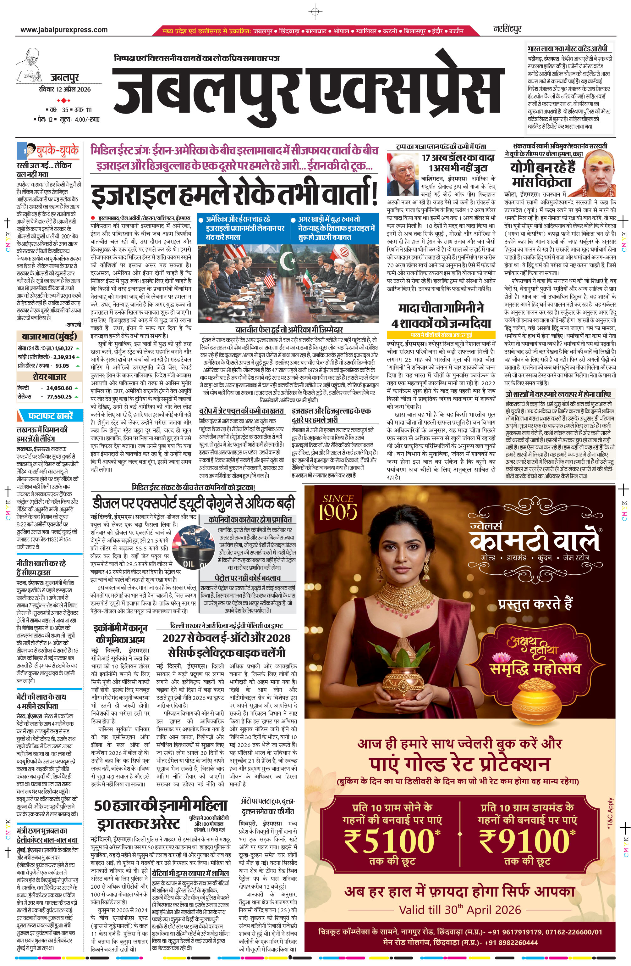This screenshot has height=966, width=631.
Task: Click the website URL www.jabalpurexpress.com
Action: tap(64, 30)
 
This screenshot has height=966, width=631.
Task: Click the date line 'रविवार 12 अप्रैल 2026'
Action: tap(64, 89)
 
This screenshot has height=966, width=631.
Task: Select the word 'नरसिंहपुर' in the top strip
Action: tap(507, 29)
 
